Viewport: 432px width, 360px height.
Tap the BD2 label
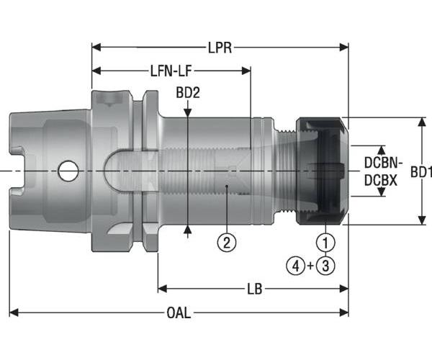187,93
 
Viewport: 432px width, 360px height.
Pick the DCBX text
379,181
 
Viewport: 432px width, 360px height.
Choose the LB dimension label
253,289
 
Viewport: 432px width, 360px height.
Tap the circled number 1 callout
326,242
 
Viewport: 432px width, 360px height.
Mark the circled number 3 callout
326,265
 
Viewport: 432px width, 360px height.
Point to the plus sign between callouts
310,265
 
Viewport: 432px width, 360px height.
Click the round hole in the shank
68,171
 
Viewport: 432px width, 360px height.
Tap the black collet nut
323,172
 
